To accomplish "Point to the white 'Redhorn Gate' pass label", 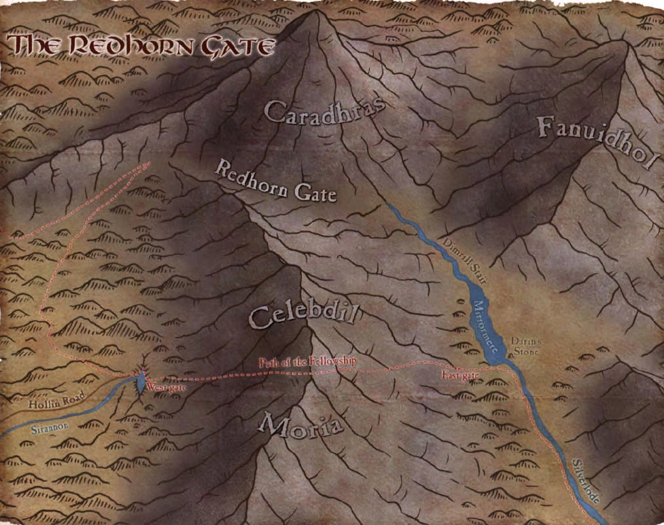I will pos(276,182).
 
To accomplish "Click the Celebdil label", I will pos(303,316).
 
